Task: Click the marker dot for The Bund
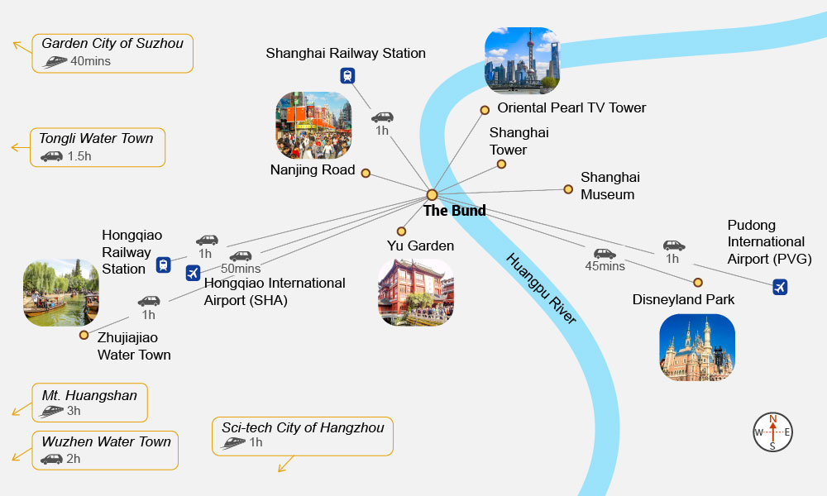pos(432,195)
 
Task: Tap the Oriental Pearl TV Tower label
pos(571,107)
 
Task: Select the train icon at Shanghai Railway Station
pos(348,75)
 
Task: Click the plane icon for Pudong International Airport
pos(779,287)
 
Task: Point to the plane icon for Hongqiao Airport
pos(194,273)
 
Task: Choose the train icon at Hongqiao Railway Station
pos(164,265)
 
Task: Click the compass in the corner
pos(772,432)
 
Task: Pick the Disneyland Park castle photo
pos(697,347)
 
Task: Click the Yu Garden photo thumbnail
pos(416,293)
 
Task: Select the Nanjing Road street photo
pos(313,125)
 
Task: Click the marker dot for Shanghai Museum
pos(568,189)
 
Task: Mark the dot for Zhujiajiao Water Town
pos(84,335)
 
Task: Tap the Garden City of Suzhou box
pos(112,52)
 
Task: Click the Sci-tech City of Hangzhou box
pos(303,435)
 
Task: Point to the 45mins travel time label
pos(605,265)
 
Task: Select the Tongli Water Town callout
pos(97,146)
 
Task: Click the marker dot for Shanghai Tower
pos(501,165)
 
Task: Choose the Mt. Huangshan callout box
pos(89,403)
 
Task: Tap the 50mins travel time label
pos(241,269)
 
